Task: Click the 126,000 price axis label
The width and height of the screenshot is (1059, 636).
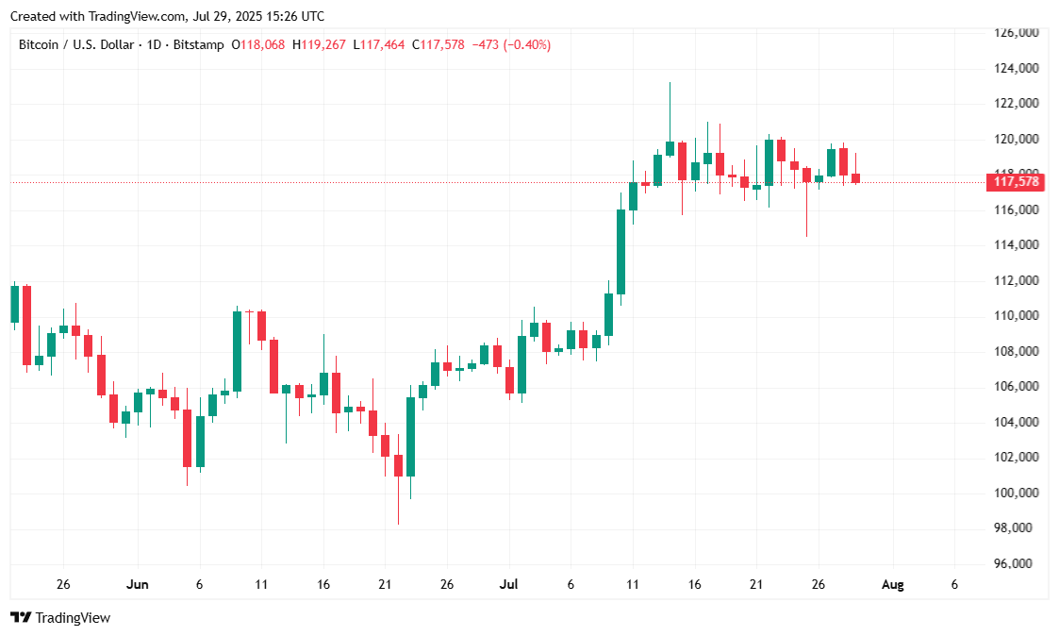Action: pyautogui.click(x=1017, y=33)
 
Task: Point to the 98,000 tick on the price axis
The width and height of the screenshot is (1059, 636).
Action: pyautogui.click(x=1017, y=528)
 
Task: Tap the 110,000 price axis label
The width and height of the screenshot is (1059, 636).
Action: pyautogui.click(x=1017, y=316)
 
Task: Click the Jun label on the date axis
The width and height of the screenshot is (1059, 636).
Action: pyautogui.click(x=138, y=585)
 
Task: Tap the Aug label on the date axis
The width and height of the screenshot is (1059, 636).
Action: pyautogui.click(x=892, y=585)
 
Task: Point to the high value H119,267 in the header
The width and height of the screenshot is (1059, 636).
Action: pyautogui.click(x=320, y=44)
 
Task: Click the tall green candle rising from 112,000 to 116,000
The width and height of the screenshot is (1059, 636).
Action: pyautogui.click(x=621, y=251)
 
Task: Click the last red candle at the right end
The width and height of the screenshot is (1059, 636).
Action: pyautogui.click(x=855, y=177)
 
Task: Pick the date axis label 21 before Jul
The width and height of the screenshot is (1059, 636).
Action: pyautogui.click(x=385, y=585)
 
